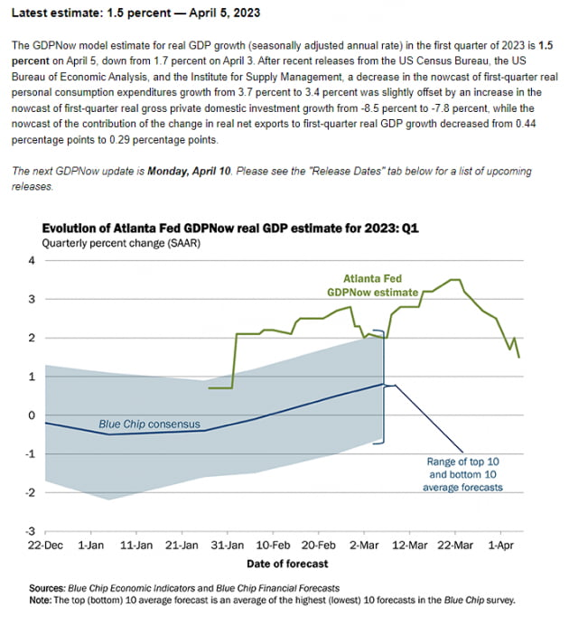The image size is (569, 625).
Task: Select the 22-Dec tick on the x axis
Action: tap(44, 546)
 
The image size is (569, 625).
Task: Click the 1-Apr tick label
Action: tap(502, 546)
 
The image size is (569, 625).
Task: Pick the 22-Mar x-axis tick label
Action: tap(455, 546)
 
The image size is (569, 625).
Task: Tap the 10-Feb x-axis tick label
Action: tap(273, 546)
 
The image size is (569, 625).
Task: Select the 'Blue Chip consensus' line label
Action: tap(149, 423)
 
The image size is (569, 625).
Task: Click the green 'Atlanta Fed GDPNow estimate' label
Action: tap(373, 285)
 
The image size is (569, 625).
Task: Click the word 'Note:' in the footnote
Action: tap(42, 599)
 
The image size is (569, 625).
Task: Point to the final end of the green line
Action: tap(519, 357)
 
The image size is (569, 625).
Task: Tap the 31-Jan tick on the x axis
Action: tap(228, 546)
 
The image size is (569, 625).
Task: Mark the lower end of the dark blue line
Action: tap(464, 450)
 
